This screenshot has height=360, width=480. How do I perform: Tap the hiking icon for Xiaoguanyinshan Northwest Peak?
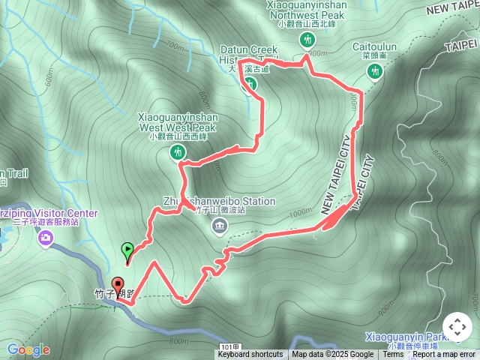pos(306,40)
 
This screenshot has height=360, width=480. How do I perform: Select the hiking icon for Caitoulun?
pos(374,70)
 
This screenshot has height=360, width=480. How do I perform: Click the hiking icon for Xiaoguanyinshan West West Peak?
pos(178,153)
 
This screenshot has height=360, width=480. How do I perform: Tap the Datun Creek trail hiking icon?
pos(250,85)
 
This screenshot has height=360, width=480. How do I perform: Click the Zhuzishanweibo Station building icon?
pos(220,227)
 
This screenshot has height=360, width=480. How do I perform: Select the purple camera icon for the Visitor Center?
pos(46,238)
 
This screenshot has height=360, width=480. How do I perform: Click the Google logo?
pos(28,349)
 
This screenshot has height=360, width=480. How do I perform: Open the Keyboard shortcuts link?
pos(250,355)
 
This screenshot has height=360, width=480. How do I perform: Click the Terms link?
pos(394,355)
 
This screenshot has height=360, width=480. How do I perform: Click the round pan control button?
pos(457,328)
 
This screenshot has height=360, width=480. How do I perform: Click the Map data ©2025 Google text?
pos(333,355)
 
